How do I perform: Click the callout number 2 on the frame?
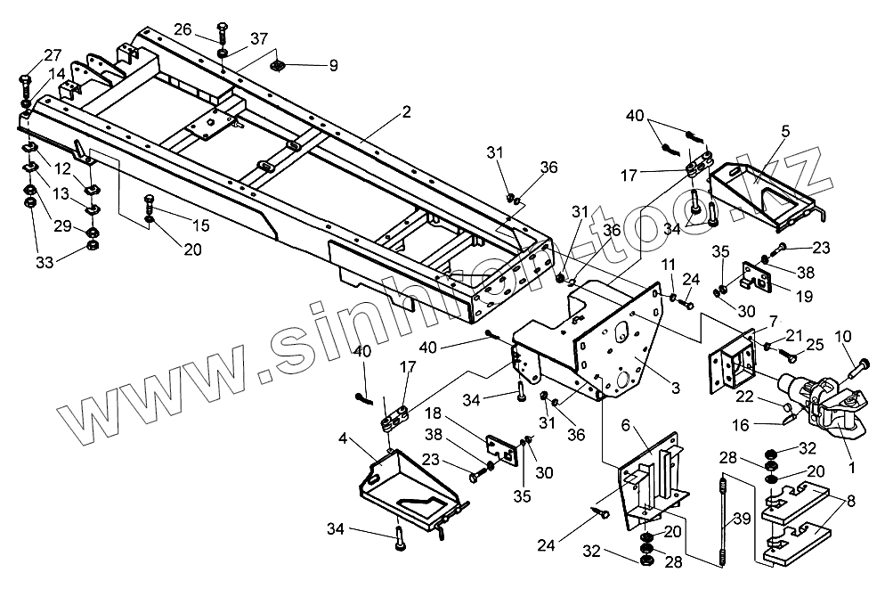click(x=406, y=112)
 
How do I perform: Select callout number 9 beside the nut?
click(x=333, y=65)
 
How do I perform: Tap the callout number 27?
click(x=28, y=54)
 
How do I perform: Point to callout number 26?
click(x=183, y=30)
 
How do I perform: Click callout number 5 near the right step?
click(x=785, y=132)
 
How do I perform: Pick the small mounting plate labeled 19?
click(x=756, y=277)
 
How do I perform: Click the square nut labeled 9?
click(x=279, y=65)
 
